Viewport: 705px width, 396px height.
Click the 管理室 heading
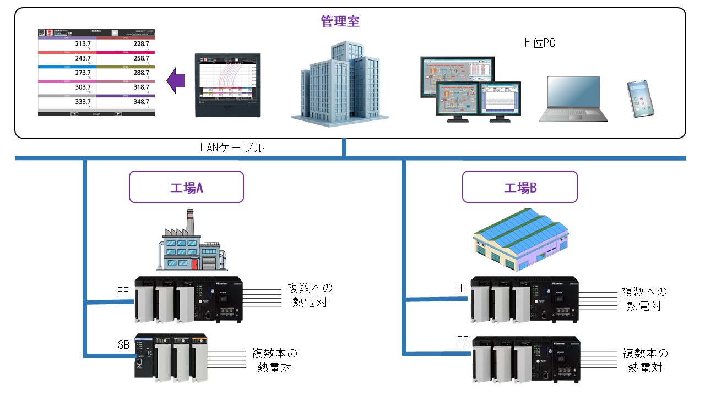tap(340, 22)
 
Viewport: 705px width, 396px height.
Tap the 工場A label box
tap(186, 187)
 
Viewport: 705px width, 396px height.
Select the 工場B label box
tap(519, 187)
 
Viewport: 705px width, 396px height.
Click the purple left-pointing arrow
tap(176, 81)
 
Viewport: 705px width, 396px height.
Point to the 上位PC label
tap(538, 43)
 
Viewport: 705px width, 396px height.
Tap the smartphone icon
tap(640, 99)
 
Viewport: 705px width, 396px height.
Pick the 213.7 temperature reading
tap(83, 43)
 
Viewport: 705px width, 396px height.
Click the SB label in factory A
tap(124, 345)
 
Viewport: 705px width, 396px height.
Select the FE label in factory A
tap(123, 291)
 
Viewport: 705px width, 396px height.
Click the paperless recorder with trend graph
tap(227, 85)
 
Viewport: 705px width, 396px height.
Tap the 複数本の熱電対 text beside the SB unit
tap(274, 360)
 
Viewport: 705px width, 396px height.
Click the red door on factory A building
tap(194, 265)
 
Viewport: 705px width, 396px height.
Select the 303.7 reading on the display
tap(83, 87)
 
